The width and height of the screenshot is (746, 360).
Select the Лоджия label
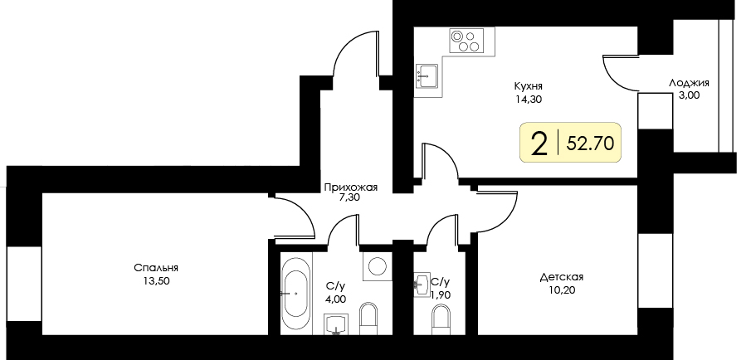(689, 83)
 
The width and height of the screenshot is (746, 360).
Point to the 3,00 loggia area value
(689, 95)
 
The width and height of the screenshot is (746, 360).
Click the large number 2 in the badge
(539, 144)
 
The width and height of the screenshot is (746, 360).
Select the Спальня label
(156, 267)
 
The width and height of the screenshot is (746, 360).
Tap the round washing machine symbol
(376, 266)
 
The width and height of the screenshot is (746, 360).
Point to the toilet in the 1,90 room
(441, 319)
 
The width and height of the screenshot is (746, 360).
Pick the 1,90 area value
(441, 294)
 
